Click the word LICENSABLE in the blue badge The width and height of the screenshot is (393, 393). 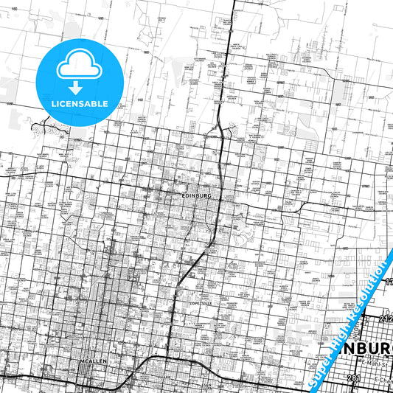79,103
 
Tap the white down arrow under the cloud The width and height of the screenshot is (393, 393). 78,87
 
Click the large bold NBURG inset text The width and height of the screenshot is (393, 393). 359,347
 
